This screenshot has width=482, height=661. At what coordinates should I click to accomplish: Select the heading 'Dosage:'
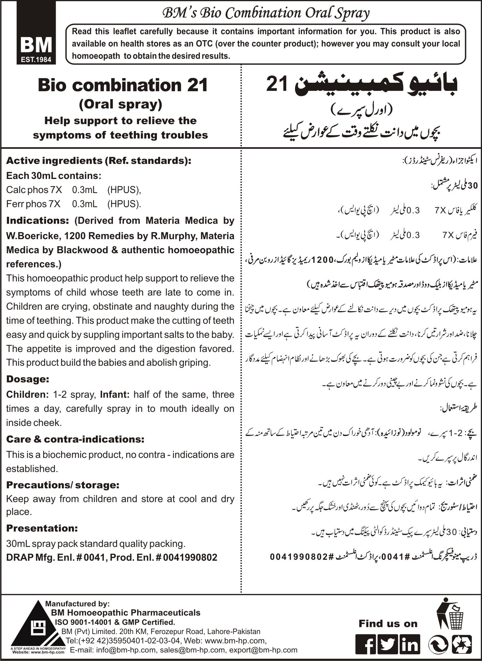(x=28, y=379)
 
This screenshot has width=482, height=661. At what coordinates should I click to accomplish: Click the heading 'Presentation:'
(x=42, y=528)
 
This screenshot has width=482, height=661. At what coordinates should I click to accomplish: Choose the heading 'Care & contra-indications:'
(x=75, y=439)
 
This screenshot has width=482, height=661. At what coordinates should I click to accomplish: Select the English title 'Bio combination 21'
(x=123, y=86)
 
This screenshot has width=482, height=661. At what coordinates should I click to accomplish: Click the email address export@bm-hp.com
(x=263, y=650)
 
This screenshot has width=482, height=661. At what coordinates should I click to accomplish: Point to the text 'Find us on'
(x=388, y=623)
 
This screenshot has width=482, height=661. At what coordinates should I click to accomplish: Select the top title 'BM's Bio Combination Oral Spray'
(x=265, y=14)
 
